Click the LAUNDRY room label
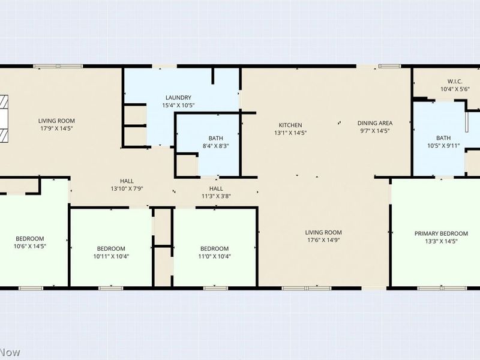[x=178, y=98]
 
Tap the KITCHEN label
[x=290, y=125]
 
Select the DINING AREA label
[x=375, y=123]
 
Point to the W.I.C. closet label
[x=455, y=82]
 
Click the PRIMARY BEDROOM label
[x=441, y=233]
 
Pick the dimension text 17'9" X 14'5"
[x=56, y=128]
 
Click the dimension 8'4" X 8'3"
[x=216, y=146]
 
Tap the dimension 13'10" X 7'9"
[x=127, y=189]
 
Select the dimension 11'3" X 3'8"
[x=216, y=197]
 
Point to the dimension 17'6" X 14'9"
[x=323, y=241]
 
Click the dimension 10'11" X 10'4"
[x=111, y=256]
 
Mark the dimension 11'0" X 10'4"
[x=214, y=256]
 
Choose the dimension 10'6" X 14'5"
[x=29, y=246]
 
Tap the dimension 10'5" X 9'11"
[x=443, y=146]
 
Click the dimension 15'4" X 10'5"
[x=178, y=106]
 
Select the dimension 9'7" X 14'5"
[x=375, y=131]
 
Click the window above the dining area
[x=389, y=66]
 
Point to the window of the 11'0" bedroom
[x=216, y=288]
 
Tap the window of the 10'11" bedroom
[x=111, y=288]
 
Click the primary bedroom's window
[x=442, y=288]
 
